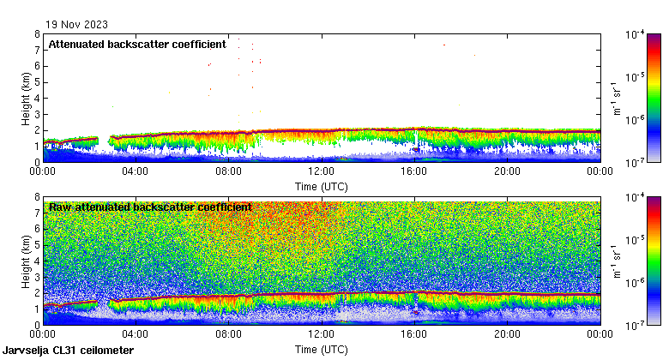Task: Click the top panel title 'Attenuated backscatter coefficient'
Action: point(137,44)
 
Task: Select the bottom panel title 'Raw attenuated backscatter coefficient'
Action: point(150,207)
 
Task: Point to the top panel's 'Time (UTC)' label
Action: point(322,186)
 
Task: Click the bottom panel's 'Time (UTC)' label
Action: point(322,350)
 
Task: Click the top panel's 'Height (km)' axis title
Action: point(25,98)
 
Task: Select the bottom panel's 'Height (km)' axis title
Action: point(25,261)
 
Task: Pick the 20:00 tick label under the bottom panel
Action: point(507,335)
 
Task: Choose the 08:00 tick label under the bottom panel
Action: point(228,335)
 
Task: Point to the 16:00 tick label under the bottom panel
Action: point(414,335)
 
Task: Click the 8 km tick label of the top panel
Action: point(37,34)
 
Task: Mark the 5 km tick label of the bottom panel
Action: point(37,245)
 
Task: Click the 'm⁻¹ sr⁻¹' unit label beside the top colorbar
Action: point(615,98)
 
